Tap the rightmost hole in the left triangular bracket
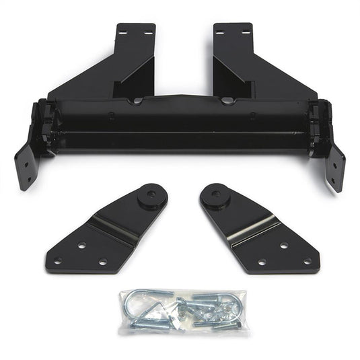103,261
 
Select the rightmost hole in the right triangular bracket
307,261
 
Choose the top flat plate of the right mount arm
232,31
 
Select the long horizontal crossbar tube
180,124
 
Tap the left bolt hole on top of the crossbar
137,101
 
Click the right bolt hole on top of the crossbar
227,101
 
